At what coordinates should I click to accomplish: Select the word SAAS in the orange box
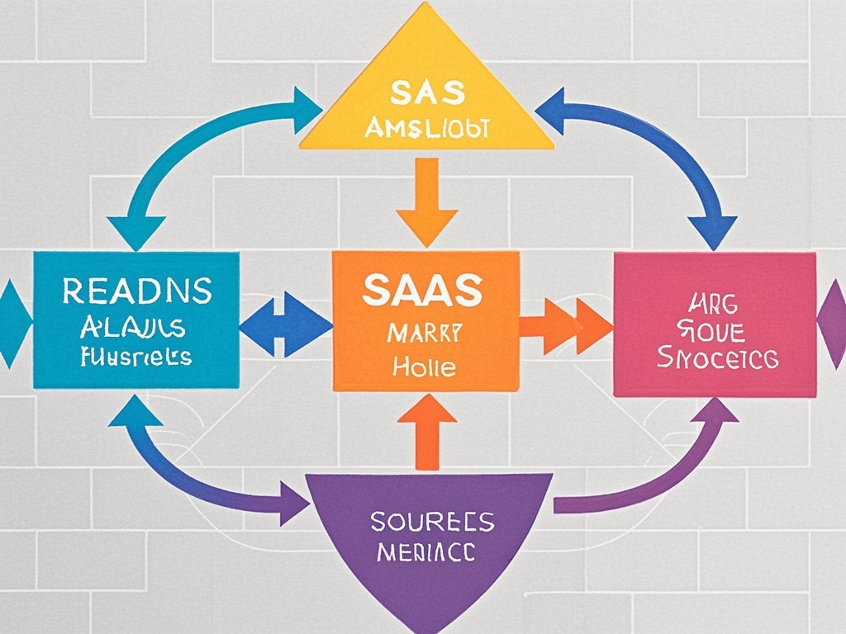tap(422, 291)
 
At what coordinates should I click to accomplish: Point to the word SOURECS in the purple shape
tap(432, 522)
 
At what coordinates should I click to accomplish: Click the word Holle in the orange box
tap(425, 367)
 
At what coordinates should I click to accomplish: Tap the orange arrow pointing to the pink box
tap(570, 324)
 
